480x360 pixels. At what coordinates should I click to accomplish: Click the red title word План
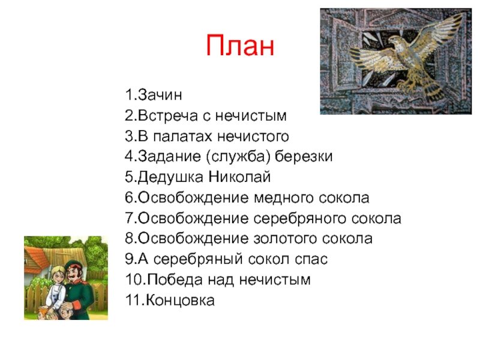point(240,46)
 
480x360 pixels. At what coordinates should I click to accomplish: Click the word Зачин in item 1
point(160,95)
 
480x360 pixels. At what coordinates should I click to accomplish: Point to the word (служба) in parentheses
point(238,157)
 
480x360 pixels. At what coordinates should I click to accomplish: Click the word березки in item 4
point(304,157)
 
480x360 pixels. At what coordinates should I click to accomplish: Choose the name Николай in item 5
point(239,177)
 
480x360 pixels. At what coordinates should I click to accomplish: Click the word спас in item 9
point(311,260)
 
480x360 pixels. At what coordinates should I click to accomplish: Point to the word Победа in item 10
point(175,280)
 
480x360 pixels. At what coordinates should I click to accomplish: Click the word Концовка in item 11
point(180,301)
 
